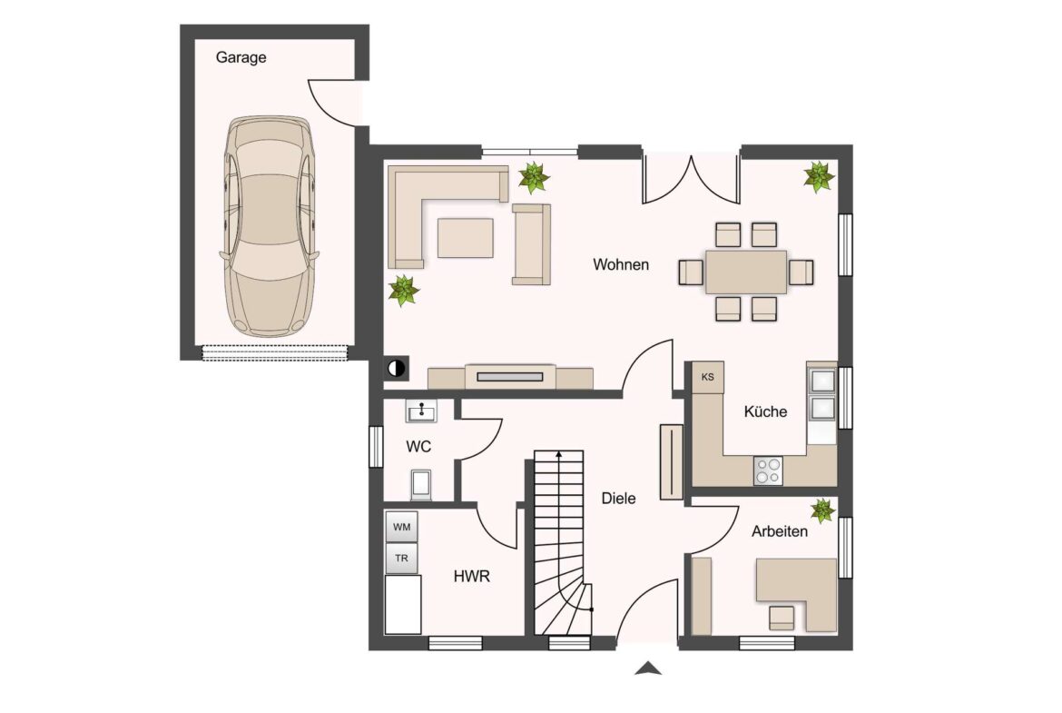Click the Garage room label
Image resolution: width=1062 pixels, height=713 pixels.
(x=241, y=57)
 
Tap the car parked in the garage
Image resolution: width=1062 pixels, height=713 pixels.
(x=270, y=226)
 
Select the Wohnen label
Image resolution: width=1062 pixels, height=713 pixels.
(x=620, y=264)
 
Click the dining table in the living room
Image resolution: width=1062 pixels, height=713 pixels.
(x=746, y=272)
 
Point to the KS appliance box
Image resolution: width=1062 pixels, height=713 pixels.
(x=708, y=377)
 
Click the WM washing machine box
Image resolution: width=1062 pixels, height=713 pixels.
(x=401, y=527)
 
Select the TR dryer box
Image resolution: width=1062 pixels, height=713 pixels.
(x=401, y=559)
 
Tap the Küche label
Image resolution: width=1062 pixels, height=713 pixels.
(x=765, y=411)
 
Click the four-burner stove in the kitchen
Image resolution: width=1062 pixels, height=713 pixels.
(x=768, y=470)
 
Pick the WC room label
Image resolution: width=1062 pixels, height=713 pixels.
(x=418, y=447)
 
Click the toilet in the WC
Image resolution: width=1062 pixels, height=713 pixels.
(x=421, y=484)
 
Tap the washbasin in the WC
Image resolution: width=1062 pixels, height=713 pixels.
(x=421, y=411)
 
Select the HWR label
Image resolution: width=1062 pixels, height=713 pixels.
(x=471, y=577)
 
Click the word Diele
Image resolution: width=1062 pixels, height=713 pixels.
(x=618, y=498)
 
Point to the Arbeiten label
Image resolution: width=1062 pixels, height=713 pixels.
(x=780, y=531)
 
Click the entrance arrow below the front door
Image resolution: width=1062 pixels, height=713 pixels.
(x=648, y=668)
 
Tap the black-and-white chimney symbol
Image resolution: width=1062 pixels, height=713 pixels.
(x=397, y=369)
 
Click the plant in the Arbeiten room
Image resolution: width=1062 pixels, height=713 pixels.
(x=822, y=510)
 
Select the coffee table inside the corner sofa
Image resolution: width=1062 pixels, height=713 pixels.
(x=466, y=238)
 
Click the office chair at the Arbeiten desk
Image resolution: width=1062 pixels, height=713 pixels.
(x=782, y=617)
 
